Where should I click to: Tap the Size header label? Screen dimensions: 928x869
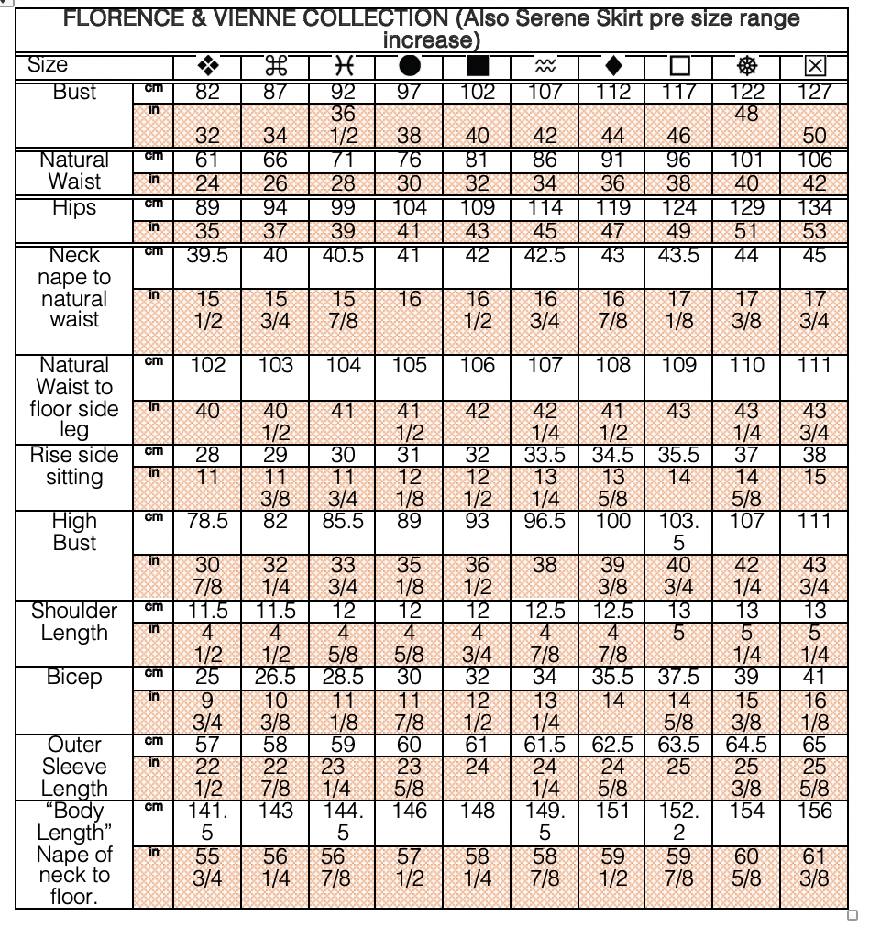(48, 65)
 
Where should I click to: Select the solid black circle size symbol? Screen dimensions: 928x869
(410, 66)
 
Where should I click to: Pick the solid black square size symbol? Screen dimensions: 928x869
(477, 66)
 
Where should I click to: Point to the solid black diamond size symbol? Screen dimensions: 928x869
(613, 66)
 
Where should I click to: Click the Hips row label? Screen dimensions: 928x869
(74, 208)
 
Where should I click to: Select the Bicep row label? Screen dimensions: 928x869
(74, 678)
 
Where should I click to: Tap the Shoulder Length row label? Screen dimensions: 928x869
(74, 622)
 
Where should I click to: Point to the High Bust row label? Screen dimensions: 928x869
(74, 533)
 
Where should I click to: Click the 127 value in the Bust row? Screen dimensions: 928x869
(815, 92)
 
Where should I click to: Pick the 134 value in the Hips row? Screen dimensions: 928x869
(815, 207)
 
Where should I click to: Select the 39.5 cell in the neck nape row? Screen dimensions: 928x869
(207, 256)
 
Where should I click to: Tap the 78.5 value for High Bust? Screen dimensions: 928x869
(207, 521)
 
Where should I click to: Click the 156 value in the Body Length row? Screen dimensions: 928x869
(815, 811)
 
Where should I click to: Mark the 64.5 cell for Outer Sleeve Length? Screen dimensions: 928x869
(747, 745)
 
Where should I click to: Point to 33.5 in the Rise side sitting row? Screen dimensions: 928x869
(544, 455)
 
